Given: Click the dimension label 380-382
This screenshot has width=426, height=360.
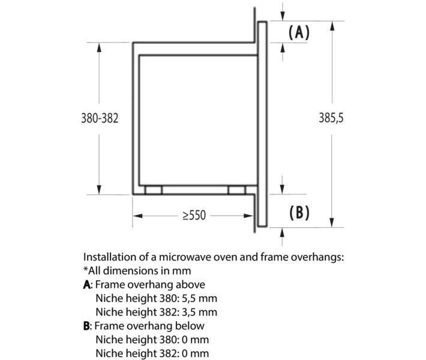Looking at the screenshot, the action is [100, 118].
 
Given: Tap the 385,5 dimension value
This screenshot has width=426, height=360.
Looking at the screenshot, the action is [331, 118].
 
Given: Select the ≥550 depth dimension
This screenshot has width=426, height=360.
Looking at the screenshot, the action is [194, 215].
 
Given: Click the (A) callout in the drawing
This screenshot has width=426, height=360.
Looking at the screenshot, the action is [299, 32].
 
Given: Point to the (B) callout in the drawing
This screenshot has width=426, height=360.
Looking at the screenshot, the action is [299, 212].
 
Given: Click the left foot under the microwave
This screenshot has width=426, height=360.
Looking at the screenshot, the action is [154, 190].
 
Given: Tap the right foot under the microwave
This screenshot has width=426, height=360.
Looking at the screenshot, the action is [237, 190].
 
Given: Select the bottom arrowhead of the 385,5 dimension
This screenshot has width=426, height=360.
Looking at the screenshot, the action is [332, 223].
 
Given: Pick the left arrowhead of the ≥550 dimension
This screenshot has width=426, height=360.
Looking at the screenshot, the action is [138, 216].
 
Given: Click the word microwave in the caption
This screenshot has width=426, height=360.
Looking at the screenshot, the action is [185, 257].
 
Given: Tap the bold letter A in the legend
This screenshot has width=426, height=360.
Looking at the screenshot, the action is [86, 285].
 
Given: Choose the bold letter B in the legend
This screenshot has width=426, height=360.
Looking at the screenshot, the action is [86, 326].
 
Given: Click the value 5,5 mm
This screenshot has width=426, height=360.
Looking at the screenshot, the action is [199, 299].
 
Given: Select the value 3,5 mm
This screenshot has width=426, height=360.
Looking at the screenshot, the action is [199, 312].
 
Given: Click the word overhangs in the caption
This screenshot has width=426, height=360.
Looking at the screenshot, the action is [317, 257].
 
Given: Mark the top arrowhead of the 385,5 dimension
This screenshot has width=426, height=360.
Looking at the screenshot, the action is [332, 26].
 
